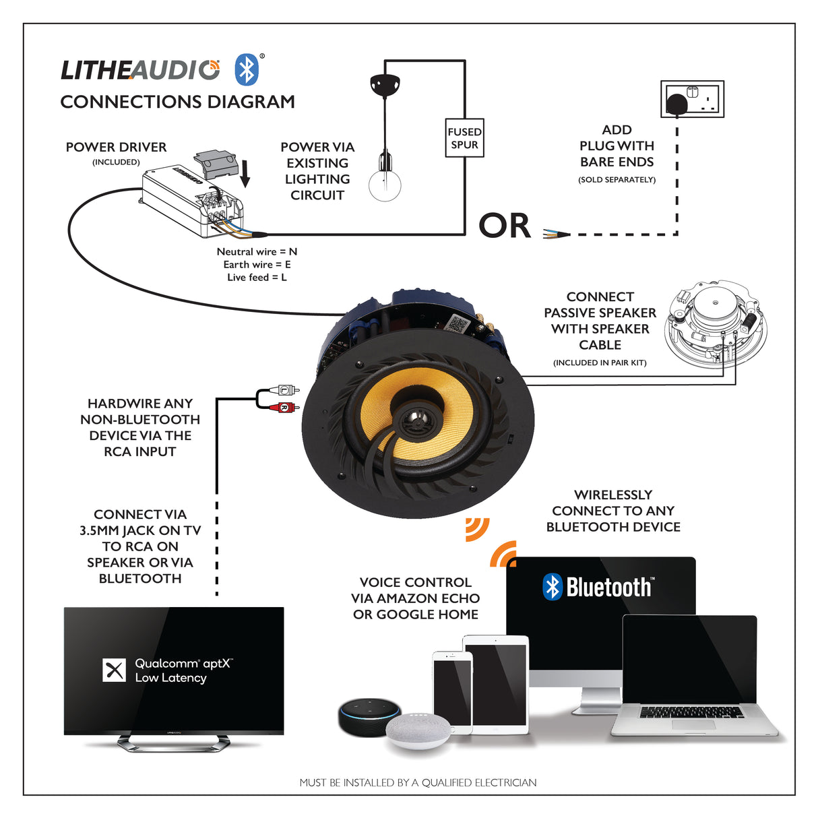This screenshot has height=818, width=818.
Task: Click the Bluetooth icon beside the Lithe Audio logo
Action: pyautogui.click(x=247, y=69)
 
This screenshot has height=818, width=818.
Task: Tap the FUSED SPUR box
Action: pyautogui.click(x=464, y=138)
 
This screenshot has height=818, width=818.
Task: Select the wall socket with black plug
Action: pyautogui.click(x=692, y=100)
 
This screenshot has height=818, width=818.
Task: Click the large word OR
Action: pyautogui.click(x=505, y=226)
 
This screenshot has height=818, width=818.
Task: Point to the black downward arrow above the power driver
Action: pyautogui.click(x=245, y=173)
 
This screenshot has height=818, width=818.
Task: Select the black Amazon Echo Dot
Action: pyautogui.click(x=369, y=717)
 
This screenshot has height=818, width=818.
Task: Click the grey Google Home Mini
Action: pyautogui.click(x=418, y=730)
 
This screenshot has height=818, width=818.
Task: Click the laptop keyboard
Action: pyautogui.click(x=691, y=712)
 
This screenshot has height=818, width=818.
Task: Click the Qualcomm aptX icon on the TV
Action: pyautogui.click(x=114, y=670)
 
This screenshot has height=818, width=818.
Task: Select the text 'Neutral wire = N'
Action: pyautogui.click(x=257, y=251)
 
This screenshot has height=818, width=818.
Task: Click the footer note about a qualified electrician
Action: pyautogui.click(x=418, y=782)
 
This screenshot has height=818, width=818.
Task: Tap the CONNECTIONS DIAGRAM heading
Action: pyautogui.click(x=178, y=102)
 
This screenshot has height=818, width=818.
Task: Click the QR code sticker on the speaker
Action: pyautogui.click(x=458, y=323)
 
